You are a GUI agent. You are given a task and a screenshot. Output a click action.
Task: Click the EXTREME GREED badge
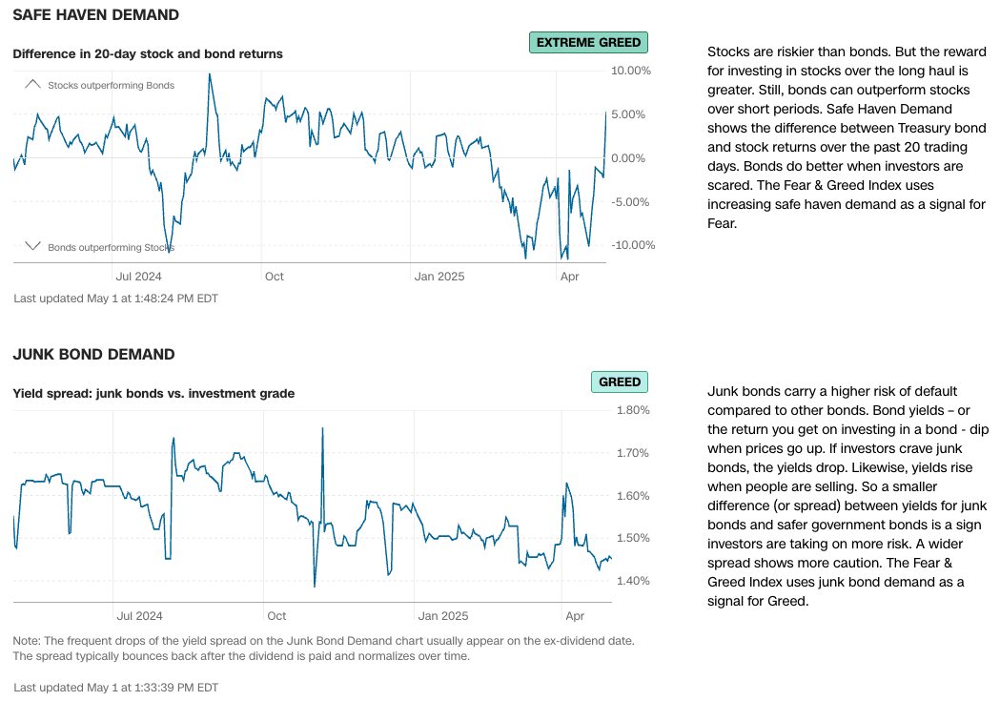[588, 42]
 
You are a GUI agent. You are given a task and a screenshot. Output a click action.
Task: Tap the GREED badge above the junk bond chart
[619, 381]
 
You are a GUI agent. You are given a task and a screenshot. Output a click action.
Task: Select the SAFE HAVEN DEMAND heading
[95, 15]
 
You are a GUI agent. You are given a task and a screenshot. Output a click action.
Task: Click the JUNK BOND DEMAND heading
[93, 355]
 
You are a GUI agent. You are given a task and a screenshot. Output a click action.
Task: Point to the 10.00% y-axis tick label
[630, 71]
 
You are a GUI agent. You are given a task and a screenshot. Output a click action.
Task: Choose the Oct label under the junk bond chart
[276, 616]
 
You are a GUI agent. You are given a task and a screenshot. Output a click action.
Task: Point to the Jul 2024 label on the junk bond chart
[139, 616]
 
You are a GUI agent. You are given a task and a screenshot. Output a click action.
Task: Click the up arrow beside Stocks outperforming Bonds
[32, 84]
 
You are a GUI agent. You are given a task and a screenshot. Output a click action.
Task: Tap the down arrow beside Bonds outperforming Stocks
[32, 246]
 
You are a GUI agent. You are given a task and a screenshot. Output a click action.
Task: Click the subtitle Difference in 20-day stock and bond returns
[148, 53]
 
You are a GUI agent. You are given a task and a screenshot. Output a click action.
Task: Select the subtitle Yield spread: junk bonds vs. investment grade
[153, 393]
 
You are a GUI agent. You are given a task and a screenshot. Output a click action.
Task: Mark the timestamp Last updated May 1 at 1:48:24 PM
[115, 299]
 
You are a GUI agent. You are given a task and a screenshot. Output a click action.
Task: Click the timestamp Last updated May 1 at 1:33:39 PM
[115, 687]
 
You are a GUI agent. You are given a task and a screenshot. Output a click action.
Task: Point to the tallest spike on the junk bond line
[322, 428]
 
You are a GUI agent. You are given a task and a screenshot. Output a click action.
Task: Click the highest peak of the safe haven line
[209, 74]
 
